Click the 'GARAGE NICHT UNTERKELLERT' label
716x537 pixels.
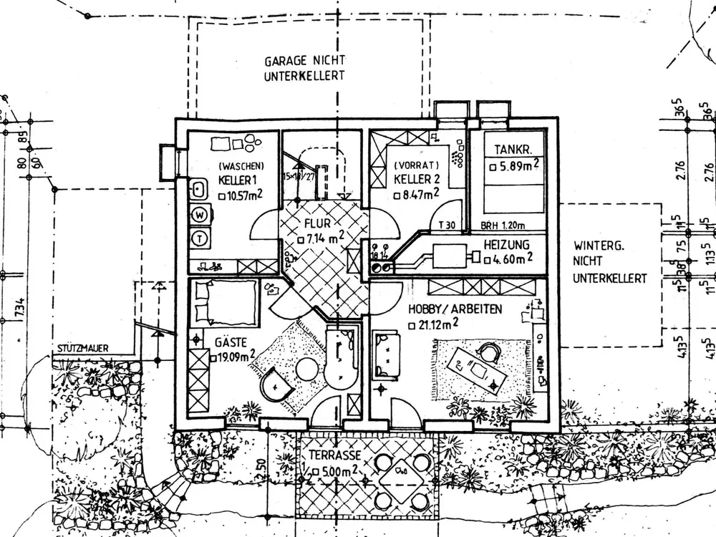[x=305, y=68]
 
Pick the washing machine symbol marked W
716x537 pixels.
[x=200, y=214]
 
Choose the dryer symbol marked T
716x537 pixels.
[x=200, y=236]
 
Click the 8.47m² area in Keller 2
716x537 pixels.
[x=418, y=193]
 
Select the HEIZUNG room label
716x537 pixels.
[x=506, y=245]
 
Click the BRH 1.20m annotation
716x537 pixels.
[x=507, y=224]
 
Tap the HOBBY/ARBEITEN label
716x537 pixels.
[x=455, y=309]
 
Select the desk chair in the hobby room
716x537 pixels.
[x=489, y=353]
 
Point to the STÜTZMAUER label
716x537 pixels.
[x=80, y=349]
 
